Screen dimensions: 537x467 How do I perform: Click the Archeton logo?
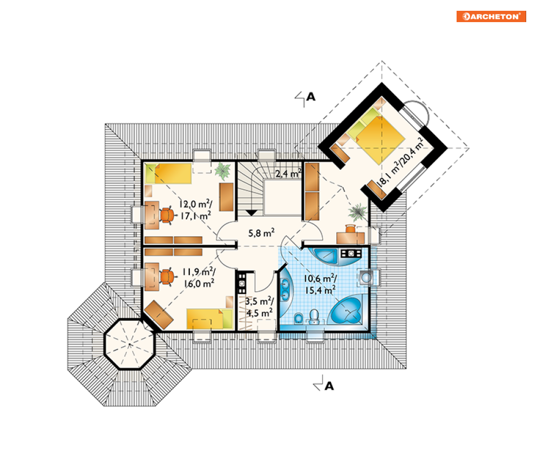pyautogui.click(x=491, y=16)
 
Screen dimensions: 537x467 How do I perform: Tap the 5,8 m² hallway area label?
pyautogui.click(x=261, y=233)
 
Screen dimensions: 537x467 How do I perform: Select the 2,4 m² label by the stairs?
pyautogui.click(x=288, y=174)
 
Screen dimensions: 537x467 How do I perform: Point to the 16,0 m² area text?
pyautogui.click(x=199, y=284)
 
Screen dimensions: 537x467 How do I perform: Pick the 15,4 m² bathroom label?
pyautogui.click(x=320, y=291)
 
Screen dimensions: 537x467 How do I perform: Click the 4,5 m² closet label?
pyautogui.click(x=260, y=313)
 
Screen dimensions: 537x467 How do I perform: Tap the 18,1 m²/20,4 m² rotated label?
pyautogui.click(x=400, y=162)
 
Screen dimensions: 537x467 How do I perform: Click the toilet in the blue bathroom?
pyautogui.click(x=314, y=317)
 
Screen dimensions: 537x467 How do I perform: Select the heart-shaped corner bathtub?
pyautogui.click(x=346, y=310)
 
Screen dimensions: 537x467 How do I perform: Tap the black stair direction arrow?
pyautogui.click(x=251, y=213)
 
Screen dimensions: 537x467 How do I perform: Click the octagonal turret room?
pyautogui.click(x=130, y=344)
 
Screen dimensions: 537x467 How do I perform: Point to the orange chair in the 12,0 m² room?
pyautogui.click(x=167, y=215)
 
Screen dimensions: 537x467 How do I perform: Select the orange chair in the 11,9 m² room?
pyautogui.click(x=167, y=277)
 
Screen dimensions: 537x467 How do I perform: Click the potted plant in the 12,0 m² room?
pyautogui.click(x=223, y=171)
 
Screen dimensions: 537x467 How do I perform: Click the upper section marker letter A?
pyautogui.click(x=311, y=97)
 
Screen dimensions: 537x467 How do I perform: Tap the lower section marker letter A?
pyautogui.click(x=329, y=386)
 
